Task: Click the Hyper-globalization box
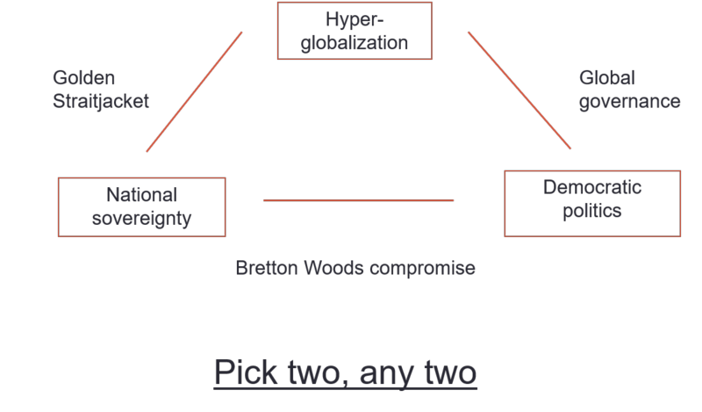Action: point(355,31)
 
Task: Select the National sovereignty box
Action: point(141,207)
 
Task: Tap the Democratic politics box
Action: point(592,204)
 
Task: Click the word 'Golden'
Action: point(83,78)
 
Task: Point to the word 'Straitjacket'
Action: point(101,101)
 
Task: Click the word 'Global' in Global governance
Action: point(606,78)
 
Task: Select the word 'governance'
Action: point(629,101)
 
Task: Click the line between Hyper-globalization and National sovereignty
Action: point(194,92)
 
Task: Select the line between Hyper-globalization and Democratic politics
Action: point(519,90)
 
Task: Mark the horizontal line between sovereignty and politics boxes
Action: point(358,200)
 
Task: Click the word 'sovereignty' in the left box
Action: point(141,219)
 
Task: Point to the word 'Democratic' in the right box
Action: point(592,187)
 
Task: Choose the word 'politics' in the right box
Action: point(592,211)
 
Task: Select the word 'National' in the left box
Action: point(141,195)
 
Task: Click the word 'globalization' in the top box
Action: point(355,43)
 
